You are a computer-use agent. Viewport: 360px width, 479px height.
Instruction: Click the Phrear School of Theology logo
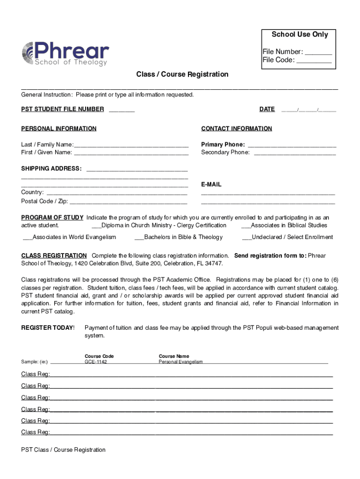(x=65, y=54)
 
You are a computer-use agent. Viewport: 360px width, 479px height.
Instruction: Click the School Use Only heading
(x=300, y=35)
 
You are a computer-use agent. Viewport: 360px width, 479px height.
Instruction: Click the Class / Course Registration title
(x=182, y=74)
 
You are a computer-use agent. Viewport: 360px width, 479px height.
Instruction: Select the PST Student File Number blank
(x=122, y=111)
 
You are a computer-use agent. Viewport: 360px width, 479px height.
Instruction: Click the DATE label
(x=267, y=109)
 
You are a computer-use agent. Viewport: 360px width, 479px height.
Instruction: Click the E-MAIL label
(x=211, y=185)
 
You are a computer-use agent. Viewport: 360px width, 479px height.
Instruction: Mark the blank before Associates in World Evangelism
(x=27, y=238)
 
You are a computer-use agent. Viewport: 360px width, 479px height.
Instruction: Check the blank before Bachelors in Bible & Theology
(x=139, y=238)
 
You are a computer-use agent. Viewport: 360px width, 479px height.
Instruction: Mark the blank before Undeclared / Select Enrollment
(x=246, y=238)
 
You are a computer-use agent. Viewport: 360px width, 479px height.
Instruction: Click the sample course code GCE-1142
(x=95, y=362)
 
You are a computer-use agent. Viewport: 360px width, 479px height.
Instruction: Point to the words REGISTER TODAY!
(x=48, y=328)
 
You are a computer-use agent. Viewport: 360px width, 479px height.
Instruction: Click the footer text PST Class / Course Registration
(x=63, y=450)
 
